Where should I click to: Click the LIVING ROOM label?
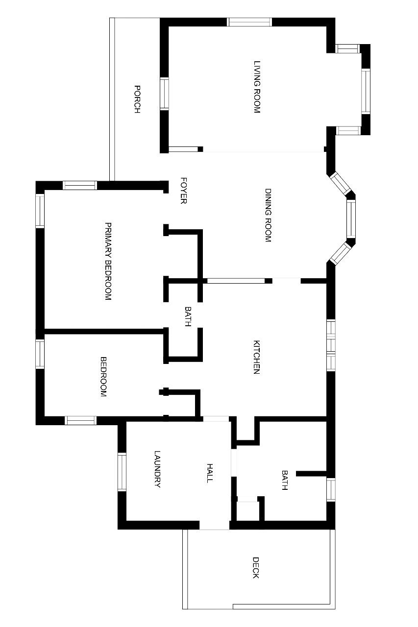point(257,87)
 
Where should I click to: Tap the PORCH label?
point(137,99)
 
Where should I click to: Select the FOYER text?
point(183,191)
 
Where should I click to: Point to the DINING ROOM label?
point(268,215)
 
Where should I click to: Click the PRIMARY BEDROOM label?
point(108,261)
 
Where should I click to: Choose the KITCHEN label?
point(256,357)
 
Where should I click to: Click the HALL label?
point(210,473)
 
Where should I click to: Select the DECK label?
point(256,567)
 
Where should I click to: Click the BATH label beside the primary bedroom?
point(188,316)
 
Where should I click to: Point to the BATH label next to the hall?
point(284,480)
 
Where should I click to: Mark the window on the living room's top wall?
point(249,22)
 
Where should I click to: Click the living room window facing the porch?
point(164,94)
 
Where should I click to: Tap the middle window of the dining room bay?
point(351,219)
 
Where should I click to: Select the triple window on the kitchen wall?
point(331,345)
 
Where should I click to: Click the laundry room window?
point(122,472)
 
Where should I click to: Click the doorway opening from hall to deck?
point(215,525)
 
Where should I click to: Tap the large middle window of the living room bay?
point(366,91)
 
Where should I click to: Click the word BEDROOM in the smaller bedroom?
point(103,377)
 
